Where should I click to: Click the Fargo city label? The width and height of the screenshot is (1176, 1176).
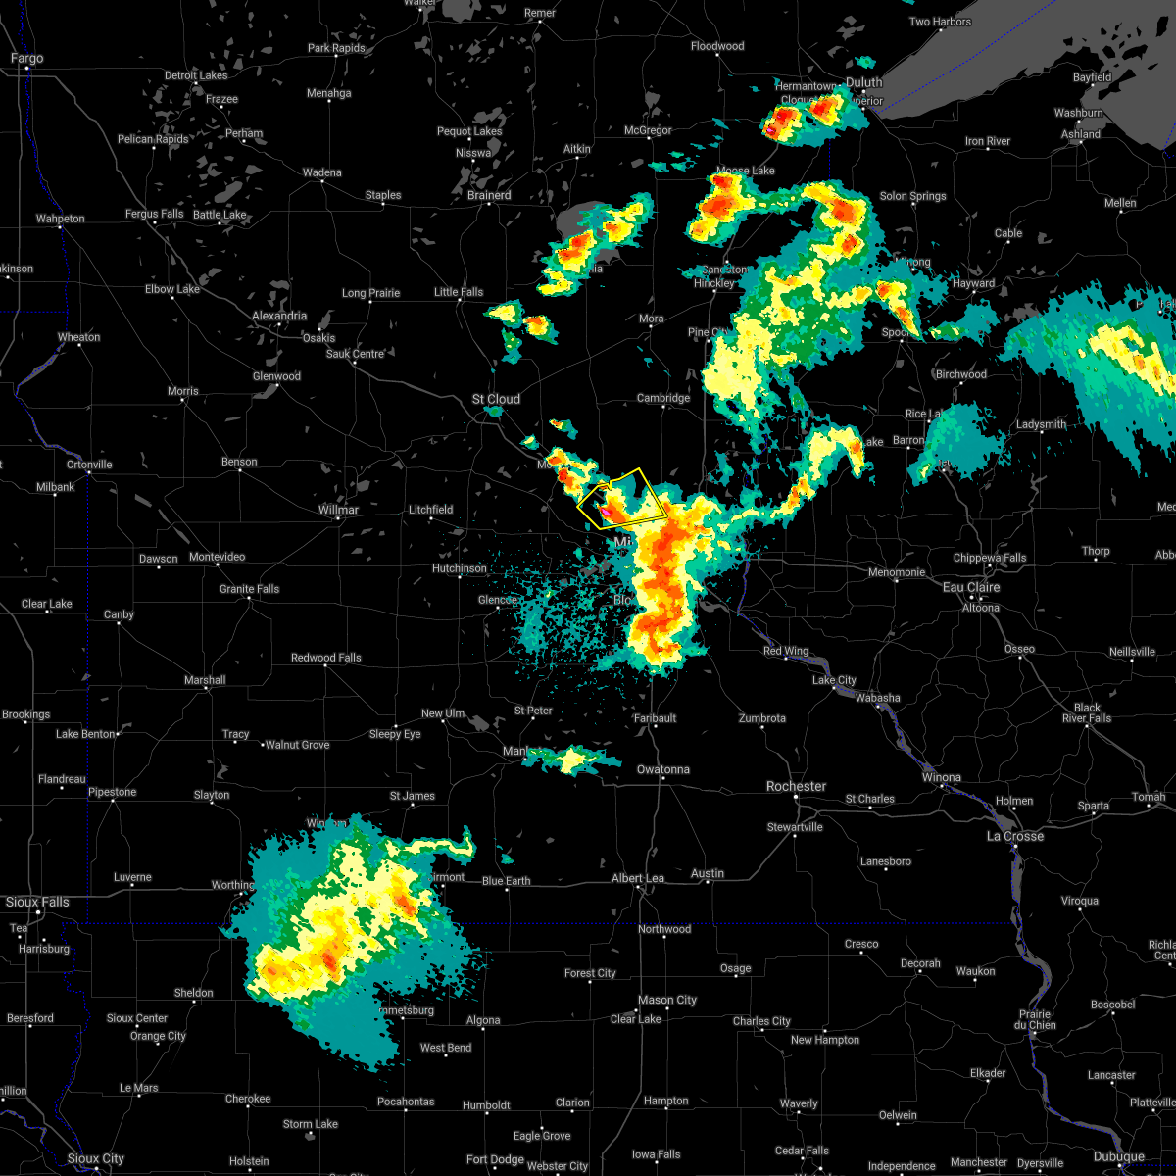[26, 59]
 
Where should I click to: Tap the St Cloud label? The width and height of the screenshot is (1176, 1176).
[496, 399]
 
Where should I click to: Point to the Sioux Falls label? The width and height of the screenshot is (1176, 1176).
[37, 902]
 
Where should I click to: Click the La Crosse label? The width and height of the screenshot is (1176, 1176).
[1014, 836]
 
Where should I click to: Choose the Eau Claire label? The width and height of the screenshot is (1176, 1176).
[970, 587]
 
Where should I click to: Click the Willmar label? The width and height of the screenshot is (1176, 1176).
[338, 510]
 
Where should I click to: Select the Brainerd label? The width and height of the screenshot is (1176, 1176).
[488, 195]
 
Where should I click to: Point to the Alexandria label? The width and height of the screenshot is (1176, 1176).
[279, 317]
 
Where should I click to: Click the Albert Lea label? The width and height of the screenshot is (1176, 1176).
[637, 878]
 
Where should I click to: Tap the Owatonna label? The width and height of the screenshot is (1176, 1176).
[662, 769]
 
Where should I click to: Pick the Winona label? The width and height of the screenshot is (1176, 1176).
[941, 777]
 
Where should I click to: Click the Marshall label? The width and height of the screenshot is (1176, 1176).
[205, 680]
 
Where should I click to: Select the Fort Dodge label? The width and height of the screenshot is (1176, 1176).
[495, 1159]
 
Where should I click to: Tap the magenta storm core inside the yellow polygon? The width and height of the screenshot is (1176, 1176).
[608, 511]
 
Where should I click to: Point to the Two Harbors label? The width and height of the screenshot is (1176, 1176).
[940, 22]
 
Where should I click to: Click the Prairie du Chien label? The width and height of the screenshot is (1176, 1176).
[1035, 1019]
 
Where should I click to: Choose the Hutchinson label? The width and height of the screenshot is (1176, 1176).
[459, 568]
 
